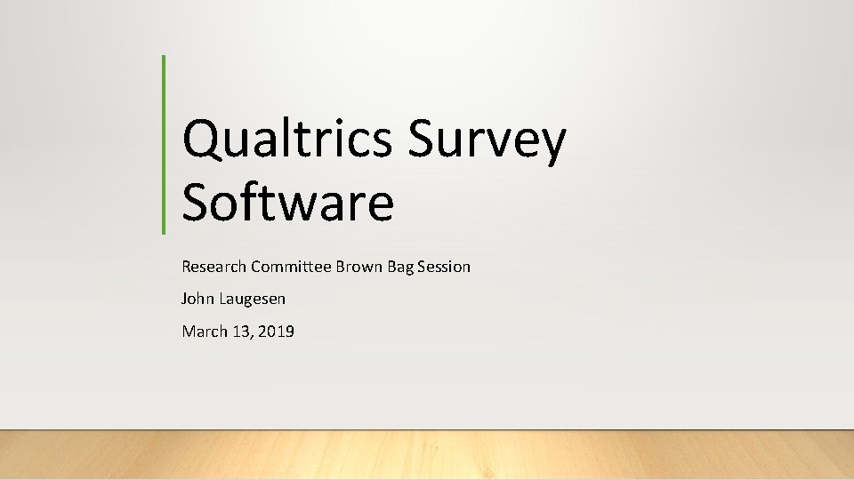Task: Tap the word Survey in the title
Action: [487, 140]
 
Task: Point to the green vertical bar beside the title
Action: [165, 144]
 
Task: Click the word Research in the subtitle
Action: [214, 267]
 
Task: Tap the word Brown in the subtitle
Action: [359, 267]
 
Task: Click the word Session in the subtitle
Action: [443, 267]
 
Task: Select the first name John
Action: [197, 300]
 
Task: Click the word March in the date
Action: [203, 332]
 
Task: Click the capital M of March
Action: [188, 332]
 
